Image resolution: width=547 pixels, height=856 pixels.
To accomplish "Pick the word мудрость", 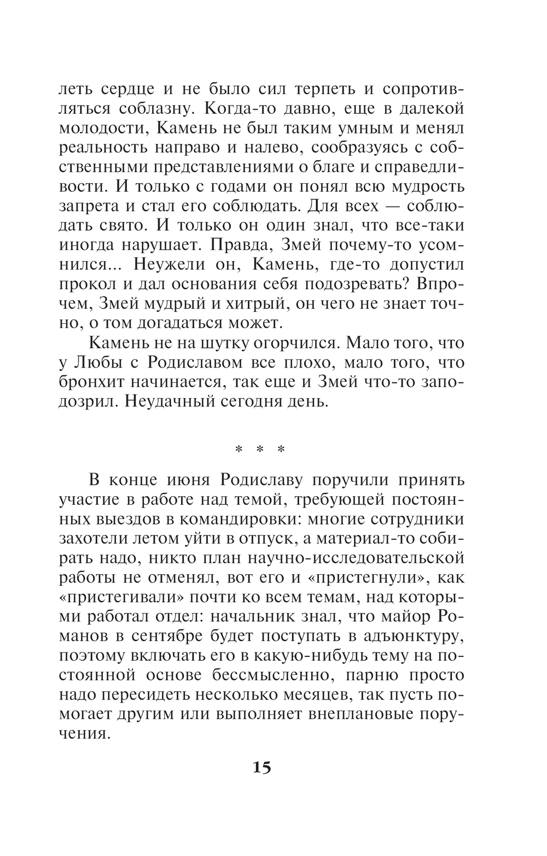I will (426, 187).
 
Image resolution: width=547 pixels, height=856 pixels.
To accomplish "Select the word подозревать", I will (353, 284).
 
